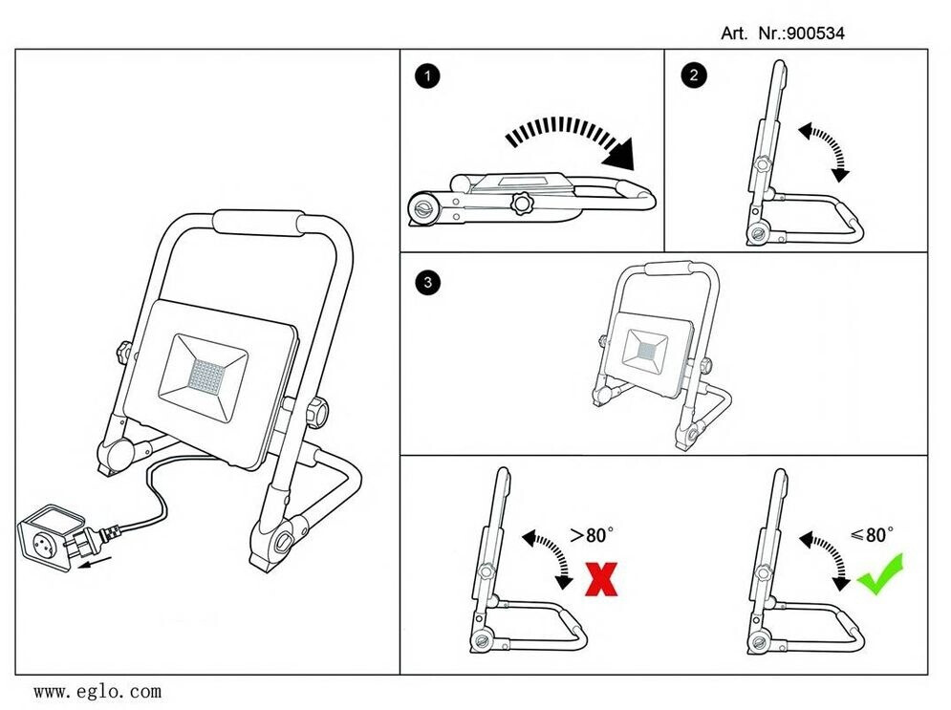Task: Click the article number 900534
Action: click(815, 33)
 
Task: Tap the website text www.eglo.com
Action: click(97, 690)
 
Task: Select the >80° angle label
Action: click(591, 536)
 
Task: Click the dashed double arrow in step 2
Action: click(826, 151)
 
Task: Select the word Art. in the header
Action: click(734, 33)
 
